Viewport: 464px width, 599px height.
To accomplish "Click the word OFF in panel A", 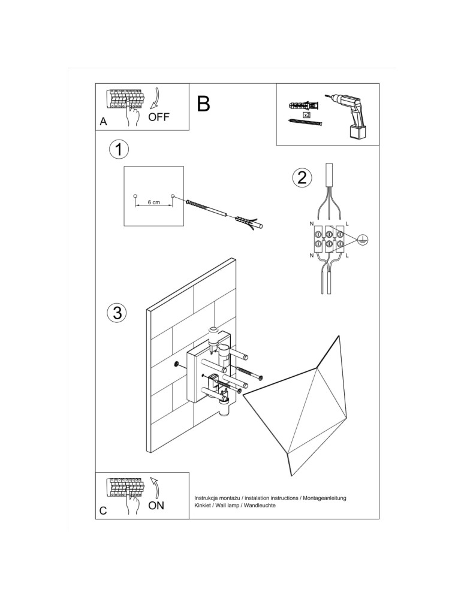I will coord(159,117).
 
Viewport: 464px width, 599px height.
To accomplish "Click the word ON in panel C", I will coord(156,506).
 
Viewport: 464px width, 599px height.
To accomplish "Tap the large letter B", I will coord(203,104).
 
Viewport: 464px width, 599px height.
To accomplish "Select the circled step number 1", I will coord(119,150).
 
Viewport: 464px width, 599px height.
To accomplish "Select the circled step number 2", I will coord(302,177).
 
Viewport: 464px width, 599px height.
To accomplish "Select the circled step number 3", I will coord(117,312).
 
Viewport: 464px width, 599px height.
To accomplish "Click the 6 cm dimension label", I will coord(153,203).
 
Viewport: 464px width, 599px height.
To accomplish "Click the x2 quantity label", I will coord(306,114).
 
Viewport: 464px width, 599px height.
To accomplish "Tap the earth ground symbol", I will coord(362,240).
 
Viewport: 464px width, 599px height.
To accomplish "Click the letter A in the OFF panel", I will coord(103,122).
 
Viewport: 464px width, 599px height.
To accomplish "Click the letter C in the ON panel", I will coord(103,511).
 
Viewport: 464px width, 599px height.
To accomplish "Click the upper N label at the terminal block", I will coord(311,223).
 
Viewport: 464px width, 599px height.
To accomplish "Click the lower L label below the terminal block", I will coord(347,256).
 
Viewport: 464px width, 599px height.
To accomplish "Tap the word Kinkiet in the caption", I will coord(204,506).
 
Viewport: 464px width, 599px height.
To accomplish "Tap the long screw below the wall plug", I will coord(305,123).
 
